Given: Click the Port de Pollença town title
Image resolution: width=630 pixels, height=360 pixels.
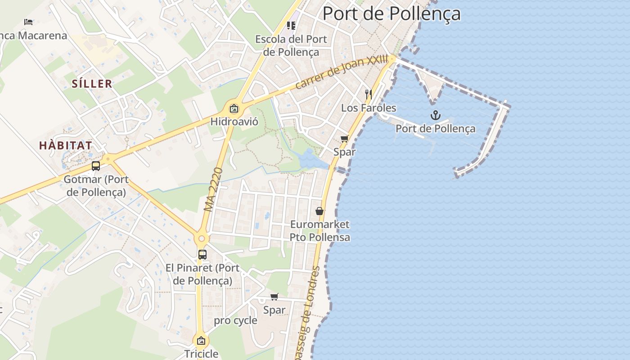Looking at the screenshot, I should [x=391, y=13].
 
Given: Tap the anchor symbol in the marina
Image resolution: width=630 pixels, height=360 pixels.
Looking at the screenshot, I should [x=435, y=116].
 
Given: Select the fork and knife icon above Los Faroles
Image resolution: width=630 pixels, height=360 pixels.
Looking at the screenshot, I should [x=369, y=94].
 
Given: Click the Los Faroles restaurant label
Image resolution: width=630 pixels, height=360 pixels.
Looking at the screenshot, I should [x=369, y=108].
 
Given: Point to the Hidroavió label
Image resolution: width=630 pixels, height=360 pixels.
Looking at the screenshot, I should [x=234, y=121].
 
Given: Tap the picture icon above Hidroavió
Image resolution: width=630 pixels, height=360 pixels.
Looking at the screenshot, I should [x=234, y=108].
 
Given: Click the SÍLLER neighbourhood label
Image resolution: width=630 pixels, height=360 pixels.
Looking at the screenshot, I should [x=92, y=84].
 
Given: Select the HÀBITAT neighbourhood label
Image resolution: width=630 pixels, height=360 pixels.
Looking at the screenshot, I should [x=66, y=146].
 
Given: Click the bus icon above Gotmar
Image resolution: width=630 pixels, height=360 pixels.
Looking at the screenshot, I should [x=96, y=166].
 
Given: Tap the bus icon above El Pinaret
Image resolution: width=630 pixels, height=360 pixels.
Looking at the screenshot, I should [x=202, y=254].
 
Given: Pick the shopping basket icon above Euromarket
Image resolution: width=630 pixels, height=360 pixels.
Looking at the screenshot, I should [x=319, y=211].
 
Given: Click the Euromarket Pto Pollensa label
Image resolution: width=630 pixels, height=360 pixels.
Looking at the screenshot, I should [x=319, y=230].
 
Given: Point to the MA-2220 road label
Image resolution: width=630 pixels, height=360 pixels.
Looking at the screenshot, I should [x=213, y=190].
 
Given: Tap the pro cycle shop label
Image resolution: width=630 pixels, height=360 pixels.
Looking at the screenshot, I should [x=235, y=321].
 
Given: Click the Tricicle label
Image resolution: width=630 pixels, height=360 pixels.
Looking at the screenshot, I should [x=201, y=354].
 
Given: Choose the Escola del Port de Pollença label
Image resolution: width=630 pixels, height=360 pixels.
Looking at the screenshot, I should [x=291, y=45].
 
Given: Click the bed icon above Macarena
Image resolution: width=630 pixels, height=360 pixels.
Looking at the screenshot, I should [x=28, y=22].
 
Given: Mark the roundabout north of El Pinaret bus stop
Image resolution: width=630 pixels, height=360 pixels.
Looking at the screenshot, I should [x=201, y=238].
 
